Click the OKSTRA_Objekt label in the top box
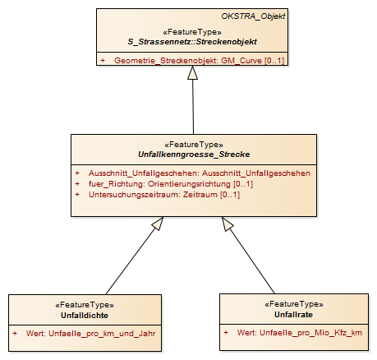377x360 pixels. tap(253, 16)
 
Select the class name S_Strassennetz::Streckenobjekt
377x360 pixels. tap(192, 42)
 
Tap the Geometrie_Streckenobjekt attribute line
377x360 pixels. tap(192, 60)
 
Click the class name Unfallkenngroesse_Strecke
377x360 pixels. tap(194, 155)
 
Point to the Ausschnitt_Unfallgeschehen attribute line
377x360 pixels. tap(192, 173)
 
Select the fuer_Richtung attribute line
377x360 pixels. tap(163, 184)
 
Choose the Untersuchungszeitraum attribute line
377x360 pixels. tap(157, 195)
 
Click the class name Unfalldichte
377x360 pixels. tap(85, 316)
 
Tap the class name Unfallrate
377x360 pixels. tap(293, 314)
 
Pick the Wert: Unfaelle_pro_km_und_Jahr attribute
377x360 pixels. tap(84, 334)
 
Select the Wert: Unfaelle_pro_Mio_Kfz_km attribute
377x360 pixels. tap(292, 333)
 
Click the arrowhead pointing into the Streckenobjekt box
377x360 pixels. tap(192, 72)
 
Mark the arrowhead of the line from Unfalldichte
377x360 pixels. tap(158, 224)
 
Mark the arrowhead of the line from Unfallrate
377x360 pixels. tap(228, 224)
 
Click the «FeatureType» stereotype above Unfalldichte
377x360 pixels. tap(85, 305)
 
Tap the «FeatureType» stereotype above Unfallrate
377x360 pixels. tap(294, 304)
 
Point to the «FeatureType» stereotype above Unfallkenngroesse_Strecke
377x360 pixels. tap(194, 145)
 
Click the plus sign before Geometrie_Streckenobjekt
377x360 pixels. tap(103, 60)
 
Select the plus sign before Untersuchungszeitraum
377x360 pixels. tap(77, 195)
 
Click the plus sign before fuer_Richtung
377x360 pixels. tap(77, 184)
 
